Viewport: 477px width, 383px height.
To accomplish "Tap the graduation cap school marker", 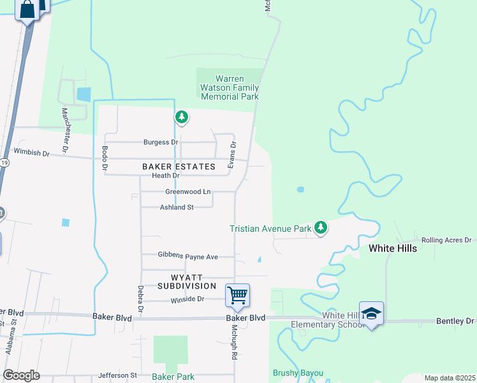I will coord(371,313).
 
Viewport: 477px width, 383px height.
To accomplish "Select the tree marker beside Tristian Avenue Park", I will coord(321,227).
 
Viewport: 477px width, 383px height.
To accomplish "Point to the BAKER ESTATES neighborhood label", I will coord(179,167).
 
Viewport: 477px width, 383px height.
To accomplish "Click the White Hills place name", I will coord(393,248).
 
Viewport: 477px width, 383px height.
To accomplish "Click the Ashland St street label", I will coord(176,207).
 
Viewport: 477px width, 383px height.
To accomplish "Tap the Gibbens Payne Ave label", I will coord(188,257).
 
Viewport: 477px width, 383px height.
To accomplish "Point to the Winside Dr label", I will coord(187,299).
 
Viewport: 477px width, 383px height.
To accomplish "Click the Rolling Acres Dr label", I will coord(446,240).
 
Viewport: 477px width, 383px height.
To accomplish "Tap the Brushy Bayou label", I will coord(298,373).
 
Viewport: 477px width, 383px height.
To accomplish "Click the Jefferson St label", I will coord(118,375).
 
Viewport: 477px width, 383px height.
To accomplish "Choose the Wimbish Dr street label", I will coord(31,153).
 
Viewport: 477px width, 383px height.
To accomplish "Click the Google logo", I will coord(21,375).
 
